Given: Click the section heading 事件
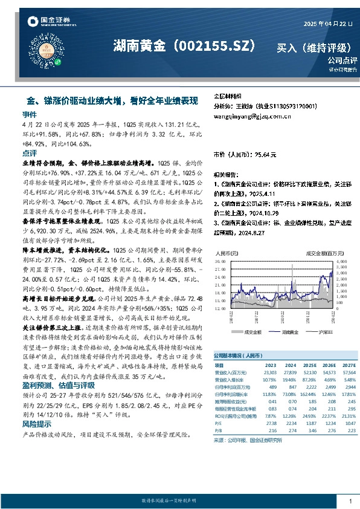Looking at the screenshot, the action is (30, 114).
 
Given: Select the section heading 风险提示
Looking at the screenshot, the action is (36, 425).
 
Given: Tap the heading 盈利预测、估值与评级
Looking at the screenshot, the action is (53, 384).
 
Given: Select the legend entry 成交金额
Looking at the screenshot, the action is (251, 332).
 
